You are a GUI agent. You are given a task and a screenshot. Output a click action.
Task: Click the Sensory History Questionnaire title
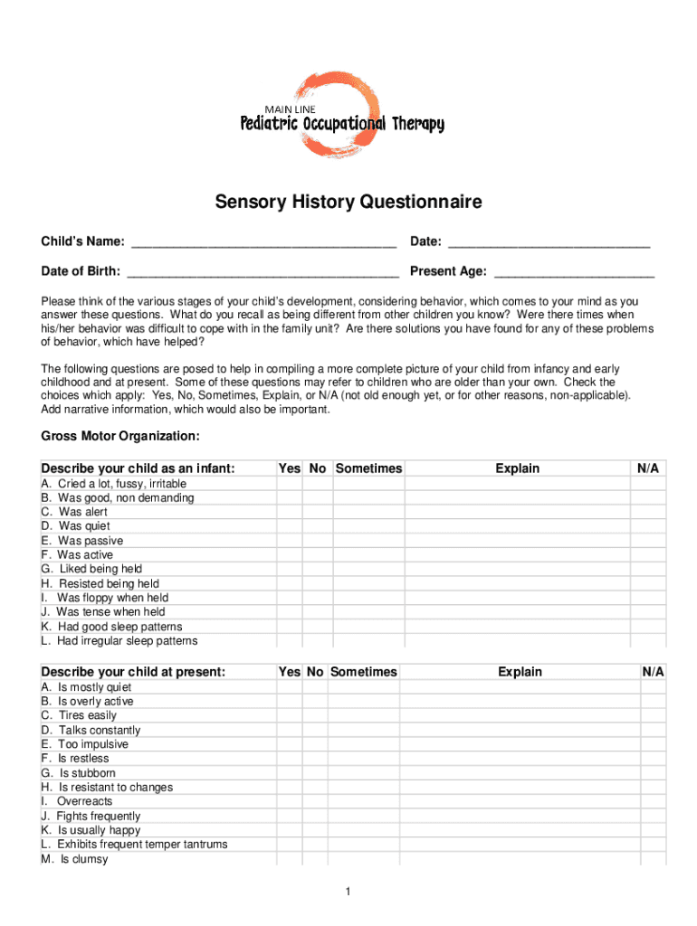pos(348,202)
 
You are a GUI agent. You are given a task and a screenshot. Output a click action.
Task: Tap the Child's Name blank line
pos(263,242)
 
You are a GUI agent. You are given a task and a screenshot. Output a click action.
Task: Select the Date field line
pos(549,242)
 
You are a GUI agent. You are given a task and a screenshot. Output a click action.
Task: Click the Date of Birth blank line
pos(263,271)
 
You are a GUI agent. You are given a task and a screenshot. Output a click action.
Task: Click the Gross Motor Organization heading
pos(120,436)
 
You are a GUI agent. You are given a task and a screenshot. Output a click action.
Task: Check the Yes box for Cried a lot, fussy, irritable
pos(290,483)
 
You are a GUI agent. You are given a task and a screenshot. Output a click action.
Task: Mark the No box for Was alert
pos(318,512)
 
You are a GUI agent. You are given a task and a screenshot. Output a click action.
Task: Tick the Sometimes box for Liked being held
pos(368,569)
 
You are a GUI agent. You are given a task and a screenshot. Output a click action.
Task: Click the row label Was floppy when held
pos(112,598)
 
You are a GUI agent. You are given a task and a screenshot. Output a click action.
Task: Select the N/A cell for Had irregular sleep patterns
pos(648,640)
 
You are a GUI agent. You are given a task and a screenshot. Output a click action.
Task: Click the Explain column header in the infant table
pos(517,468)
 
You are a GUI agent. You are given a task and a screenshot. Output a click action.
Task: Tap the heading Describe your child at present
pos(133,672)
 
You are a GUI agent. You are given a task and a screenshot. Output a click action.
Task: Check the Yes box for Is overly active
pos(290,701)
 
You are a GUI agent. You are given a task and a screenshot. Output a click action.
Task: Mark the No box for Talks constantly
pos(314,730)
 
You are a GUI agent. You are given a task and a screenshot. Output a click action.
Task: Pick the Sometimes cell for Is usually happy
pos(363,829)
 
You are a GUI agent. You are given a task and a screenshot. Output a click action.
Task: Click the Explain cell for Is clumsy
pos(520,858)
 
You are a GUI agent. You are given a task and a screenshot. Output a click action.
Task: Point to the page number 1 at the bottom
pos(348,893)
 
